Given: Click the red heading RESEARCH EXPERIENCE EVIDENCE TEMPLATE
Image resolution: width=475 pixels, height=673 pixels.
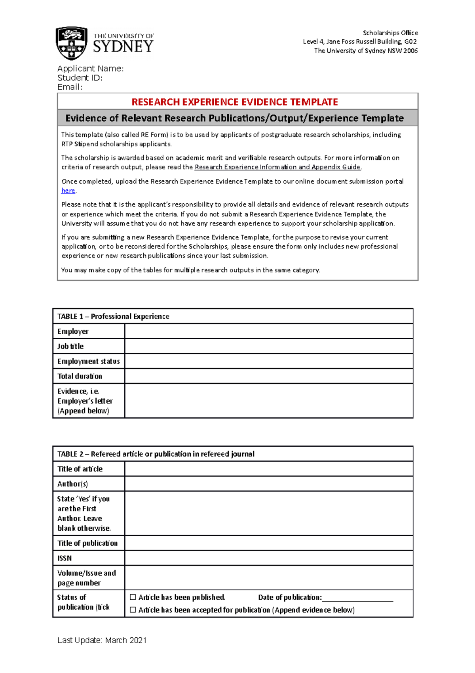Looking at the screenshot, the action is tap(235, 102).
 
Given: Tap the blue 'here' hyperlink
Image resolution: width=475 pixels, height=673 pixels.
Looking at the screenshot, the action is tap(68, 191).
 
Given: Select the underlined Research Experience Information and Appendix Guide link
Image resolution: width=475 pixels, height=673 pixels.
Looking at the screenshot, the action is tap(277, 167).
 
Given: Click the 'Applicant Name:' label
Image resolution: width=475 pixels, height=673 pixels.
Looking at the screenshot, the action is tap(90, 69).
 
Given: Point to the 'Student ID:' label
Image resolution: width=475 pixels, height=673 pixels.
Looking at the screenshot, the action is tap(80, 78).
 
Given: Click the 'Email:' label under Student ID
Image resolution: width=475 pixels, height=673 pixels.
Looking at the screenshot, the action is tap(70, 87).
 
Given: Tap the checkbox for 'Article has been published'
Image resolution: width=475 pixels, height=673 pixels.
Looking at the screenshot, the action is tap(133, 597).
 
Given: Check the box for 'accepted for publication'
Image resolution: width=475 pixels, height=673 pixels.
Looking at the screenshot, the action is tap(133, 610).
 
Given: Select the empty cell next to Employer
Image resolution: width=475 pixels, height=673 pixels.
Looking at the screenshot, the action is tap(269, 331).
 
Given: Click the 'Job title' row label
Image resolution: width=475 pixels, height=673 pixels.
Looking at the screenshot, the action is tap(70, 346).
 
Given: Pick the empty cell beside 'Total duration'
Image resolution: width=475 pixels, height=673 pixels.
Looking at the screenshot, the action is tap(269, 376).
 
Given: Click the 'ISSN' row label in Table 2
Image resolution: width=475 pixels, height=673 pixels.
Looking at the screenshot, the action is tap(65, 558).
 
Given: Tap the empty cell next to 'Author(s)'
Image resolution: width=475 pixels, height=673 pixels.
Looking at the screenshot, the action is tap(269, 484).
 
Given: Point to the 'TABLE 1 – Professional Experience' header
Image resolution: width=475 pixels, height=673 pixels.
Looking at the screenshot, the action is tap(113, 316).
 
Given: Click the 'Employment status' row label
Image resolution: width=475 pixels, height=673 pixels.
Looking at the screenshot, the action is tap(88, 361).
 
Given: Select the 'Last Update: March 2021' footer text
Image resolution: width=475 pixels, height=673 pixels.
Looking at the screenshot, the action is tap(102, 640).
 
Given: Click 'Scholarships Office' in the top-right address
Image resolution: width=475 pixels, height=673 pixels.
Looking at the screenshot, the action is tap(390, 33).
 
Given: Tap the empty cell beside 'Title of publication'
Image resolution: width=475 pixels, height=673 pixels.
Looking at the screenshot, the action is tap(269, 543).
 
